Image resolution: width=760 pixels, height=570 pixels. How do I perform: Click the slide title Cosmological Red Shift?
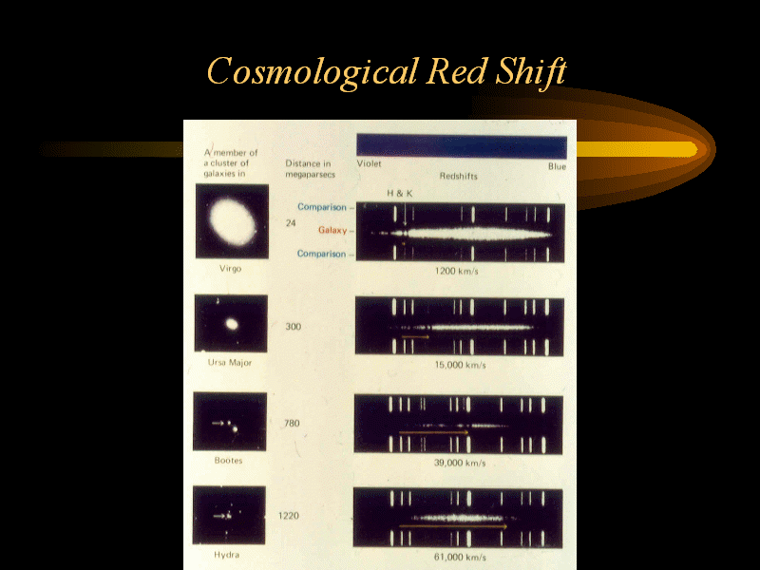pos(387,72)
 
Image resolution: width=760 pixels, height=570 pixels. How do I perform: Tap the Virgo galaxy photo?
pos(232,221)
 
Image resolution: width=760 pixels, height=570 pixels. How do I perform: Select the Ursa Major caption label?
pos(230,363)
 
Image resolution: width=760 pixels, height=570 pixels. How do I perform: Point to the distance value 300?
pos(294,327)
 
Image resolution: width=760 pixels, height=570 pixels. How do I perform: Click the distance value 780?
pos(292,424)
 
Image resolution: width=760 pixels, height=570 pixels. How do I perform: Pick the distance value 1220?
pos(289,516)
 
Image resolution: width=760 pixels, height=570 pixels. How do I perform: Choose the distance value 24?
pos(291,223)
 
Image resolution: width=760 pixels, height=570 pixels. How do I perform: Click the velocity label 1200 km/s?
pos(456,271)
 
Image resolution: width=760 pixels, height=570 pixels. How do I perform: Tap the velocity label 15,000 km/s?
pos(460,365)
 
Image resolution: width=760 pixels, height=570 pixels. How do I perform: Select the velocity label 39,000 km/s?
pos(460,463)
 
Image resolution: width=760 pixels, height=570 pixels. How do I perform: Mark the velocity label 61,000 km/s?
pos(460,557)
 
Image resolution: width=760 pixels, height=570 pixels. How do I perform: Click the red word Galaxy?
pos(332,230)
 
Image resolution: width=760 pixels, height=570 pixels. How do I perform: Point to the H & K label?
pos(400,194)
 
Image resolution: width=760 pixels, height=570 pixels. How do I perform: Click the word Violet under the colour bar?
pos(369,163)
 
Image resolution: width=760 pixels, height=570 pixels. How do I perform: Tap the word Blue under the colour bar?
pos(558,166)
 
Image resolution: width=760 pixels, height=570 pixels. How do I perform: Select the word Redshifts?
pos(459,176)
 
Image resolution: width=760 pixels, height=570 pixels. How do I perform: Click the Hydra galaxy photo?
pos(229,515)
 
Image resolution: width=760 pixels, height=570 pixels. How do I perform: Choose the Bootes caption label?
pos(228,461)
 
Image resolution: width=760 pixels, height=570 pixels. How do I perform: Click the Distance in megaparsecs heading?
pos(310,169)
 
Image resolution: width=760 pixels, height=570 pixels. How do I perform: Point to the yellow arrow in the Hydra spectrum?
pos(453,526)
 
